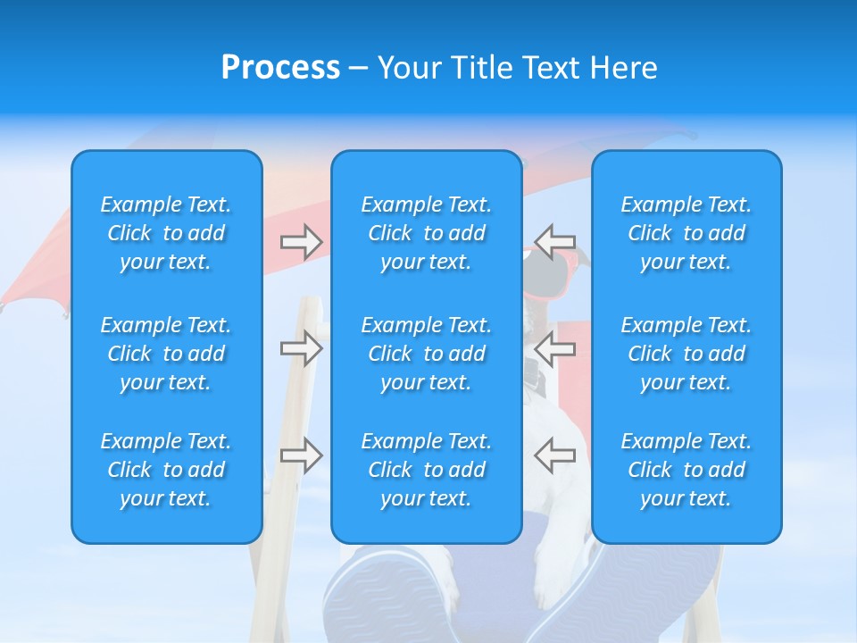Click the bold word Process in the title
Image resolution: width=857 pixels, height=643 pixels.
(x=280, y=68)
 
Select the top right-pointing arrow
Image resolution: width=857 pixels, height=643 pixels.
(x=302, y=241)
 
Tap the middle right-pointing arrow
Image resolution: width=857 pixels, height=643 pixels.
(x=302, y=348)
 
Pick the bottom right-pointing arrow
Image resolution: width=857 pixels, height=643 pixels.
(x=302, y=455)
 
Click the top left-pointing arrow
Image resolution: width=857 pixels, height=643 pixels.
(x=554, y=241)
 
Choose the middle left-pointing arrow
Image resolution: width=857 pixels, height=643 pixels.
(x=554, y=348)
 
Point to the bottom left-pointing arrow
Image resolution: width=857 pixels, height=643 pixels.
(x=554, y=455)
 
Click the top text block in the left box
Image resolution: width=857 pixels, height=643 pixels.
(x=166, y=233)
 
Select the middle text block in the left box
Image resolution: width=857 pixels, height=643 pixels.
(x=166, y=354)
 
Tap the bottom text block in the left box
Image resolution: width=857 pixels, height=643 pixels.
(x=166, y=470)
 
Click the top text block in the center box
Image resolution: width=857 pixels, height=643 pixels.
(x=427, y=233)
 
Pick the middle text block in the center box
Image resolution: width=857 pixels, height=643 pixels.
(x=427, y=354)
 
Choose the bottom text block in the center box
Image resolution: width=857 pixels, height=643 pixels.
(x=427, y=470)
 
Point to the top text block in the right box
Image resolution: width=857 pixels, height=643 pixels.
(x=686, y=233)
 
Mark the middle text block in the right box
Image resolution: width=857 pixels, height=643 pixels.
(x=686, y=354)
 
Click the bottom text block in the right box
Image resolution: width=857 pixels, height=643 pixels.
(x=686, y=470)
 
